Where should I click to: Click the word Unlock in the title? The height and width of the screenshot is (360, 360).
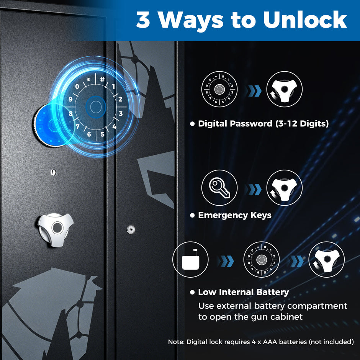305,20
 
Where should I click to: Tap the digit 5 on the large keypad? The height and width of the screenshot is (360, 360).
103,134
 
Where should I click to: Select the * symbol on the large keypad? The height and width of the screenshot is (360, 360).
88,80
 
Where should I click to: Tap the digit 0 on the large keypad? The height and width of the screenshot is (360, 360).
77,87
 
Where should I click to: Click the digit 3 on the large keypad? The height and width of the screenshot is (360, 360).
121,113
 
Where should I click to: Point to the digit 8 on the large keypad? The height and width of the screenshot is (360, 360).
71,113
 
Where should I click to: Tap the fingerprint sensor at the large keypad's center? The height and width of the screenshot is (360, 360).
96,107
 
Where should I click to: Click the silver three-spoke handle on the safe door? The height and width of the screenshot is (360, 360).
56,229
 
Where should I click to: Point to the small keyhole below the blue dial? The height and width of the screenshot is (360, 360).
53,172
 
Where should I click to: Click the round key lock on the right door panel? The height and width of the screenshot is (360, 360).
131,229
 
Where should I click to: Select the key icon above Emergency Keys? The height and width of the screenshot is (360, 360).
219,188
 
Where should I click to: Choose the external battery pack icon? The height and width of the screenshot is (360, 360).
191,259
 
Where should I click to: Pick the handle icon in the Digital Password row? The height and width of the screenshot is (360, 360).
285,89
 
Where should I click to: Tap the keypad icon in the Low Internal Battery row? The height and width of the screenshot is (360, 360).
261,259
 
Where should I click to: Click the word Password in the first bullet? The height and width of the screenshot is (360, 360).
251,124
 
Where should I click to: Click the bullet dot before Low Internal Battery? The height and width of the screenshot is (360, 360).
192,292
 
